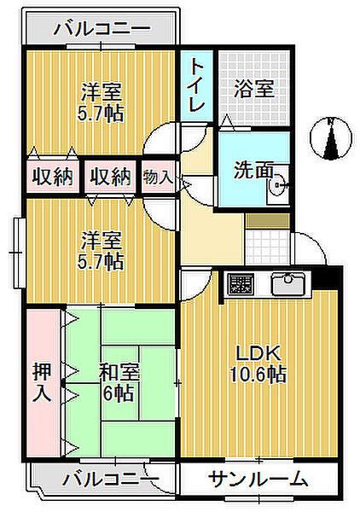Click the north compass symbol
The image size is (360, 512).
(x=331, y=137)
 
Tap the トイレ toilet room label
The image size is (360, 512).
(x=197, y=85)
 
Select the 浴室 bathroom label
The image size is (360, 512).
(x=253, y=88)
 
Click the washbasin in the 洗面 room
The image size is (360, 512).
(x=278, y=185)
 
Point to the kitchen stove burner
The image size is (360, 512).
(x=241, y=283)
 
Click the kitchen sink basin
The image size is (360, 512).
(x=287, y=282)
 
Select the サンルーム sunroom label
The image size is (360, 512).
(x=258, y=480)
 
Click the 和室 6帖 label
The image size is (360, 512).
(x=119, y=382)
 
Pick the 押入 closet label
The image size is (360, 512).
(x=42, y=382)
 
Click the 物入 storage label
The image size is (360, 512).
(x=158, y=177)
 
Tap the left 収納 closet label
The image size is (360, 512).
(x=52, y=177)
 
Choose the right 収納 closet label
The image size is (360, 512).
(x=110, y=177)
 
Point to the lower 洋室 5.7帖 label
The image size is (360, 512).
(x=101, y=251)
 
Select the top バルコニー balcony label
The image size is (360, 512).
(x=102, y=28)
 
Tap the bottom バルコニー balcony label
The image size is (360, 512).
(x=111, y=480)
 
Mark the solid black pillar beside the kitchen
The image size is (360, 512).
(x=327, y=277)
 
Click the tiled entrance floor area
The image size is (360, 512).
(x=267, y=247)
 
